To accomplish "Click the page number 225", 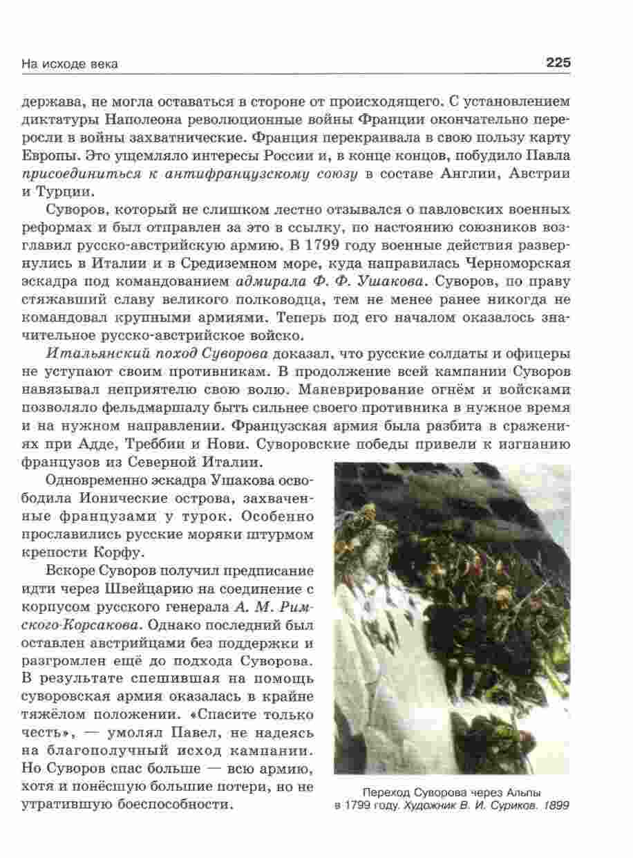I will (x=558, y=63).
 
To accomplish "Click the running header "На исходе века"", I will (x=70, y=64).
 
